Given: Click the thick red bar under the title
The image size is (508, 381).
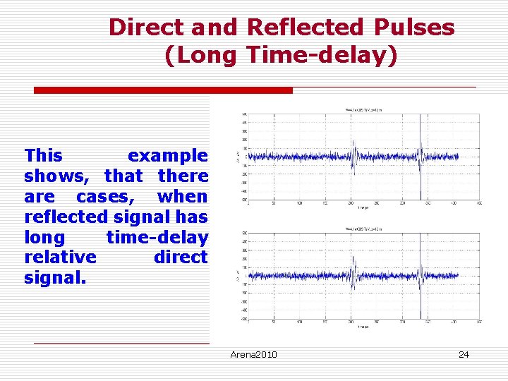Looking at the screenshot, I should point(164,90).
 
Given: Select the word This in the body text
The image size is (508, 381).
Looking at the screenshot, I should point(43,155).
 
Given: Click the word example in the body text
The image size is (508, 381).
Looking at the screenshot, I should point(167,155).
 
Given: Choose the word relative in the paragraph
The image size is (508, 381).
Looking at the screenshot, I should point(60,257).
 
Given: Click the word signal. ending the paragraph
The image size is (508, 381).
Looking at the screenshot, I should point(55,277).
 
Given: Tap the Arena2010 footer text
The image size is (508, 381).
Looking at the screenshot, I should point(254,354).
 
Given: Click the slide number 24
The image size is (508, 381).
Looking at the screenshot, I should point(464,354).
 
